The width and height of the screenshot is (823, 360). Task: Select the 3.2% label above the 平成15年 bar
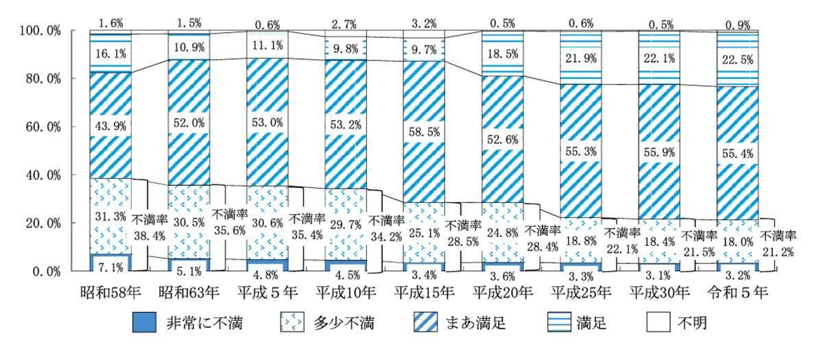point(423,23)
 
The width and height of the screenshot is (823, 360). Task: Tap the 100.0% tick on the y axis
point(40,31)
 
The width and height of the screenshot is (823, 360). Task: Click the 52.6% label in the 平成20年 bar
point(502,139)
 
